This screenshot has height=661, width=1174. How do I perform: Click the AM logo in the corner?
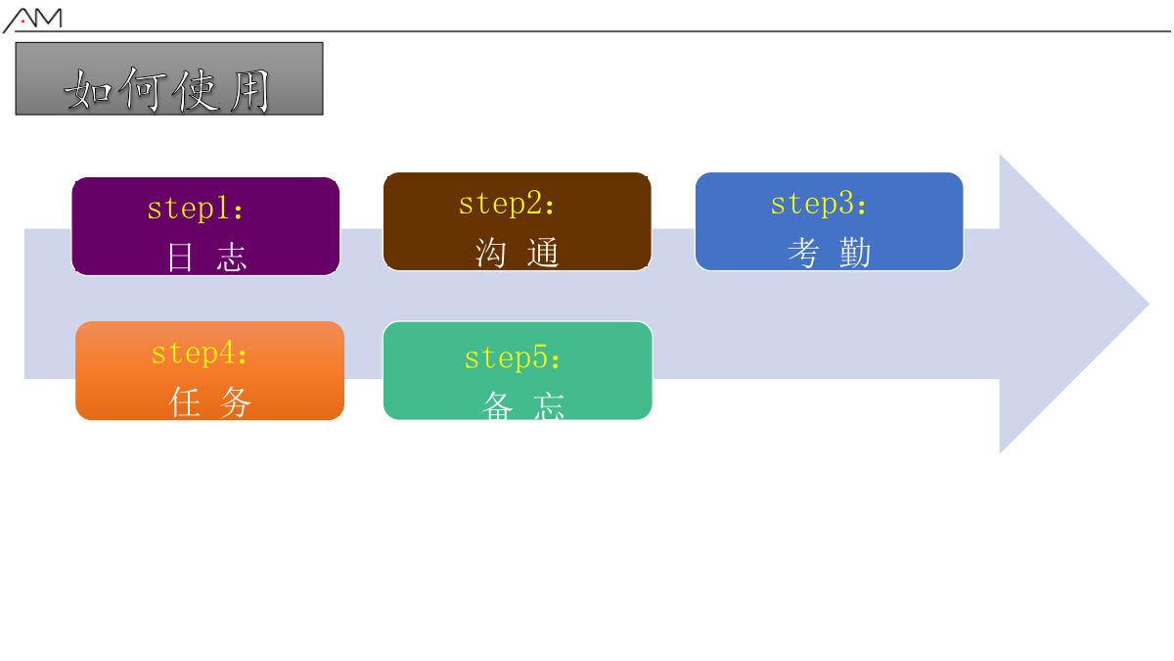[32, 20]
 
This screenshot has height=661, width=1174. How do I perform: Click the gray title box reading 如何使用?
[169, 78]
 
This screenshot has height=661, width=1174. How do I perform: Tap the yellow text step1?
[195, 209]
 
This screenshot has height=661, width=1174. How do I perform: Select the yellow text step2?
[507, 204]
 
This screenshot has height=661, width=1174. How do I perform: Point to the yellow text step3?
[818, 204]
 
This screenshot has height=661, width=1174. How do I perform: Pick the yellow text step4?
[199, 354]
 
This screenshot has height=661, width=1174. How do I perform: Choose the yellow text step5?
[512, 357]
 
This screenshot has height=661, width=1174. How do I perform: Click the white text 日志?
[206, 257]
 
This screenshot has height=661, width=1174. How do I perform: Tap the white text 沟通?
[518, 253]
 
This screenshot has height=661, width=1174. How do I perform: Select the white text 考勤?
[830, 253]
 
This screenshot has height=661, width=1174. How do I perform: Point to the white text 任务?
[209, 401]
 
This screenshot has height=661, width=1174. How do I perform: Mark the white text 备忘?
[523, 406]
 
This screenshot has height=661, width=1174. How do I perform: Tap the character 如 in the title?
[88, 90]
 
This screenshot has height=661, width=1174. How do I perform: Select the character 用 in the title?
[250, 91]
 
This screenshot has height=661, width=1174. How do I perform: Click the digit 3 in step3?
[846, 203]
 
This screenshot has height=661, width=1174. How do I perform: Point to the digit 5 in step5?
[540, 357]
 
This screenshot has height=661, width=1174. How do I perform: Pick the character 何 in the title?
[143, 89]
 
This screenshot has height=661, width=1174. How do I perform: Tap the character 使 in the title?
[196, 91]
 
